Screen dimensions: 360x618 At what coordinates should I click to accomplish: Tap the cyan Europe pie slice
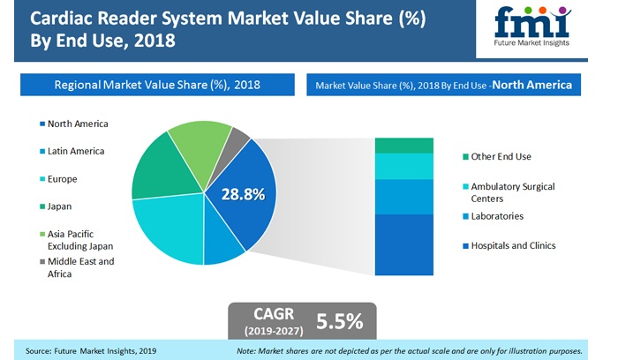[172, 231]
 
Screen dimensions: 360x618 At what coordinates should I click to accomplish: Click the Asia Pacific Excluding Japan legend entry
[74, 239]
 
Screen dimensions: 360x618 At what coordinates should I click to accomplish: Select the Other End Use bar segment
[404, 146]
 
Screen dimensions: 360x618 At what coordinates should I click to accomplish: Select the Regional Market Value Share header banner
[155, 85]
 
